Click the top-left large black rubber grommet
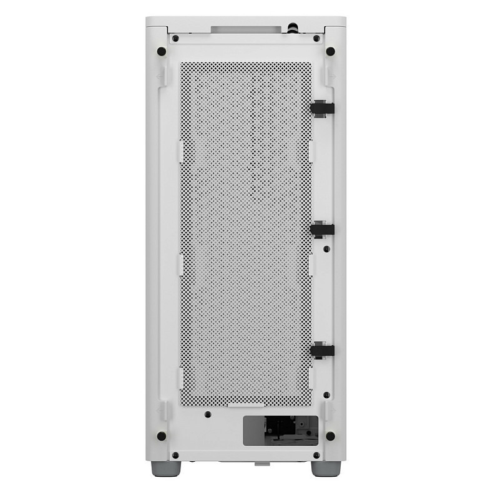pyautogui.click(x=161, y=51)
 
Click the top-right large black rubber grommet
pyautogui.click(x=330, y=51)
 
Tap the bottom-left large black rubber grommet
pyautogui.click(x=161, y=436)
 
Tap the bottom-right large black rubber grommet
pyautogui.click(x=330, y=436)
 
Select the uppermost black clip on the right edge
pyautogui.click(x=322, y=107)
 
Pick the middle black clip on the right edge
pyautogui.click(x=322, y=229)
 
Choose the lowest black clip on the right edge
pyautogui.click(x=322, y=351)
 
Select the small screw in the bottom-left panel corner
pyautogui.click(x=175, y=455)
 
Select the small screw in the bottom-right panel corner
pyautogui.click(x=317, y=455)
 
